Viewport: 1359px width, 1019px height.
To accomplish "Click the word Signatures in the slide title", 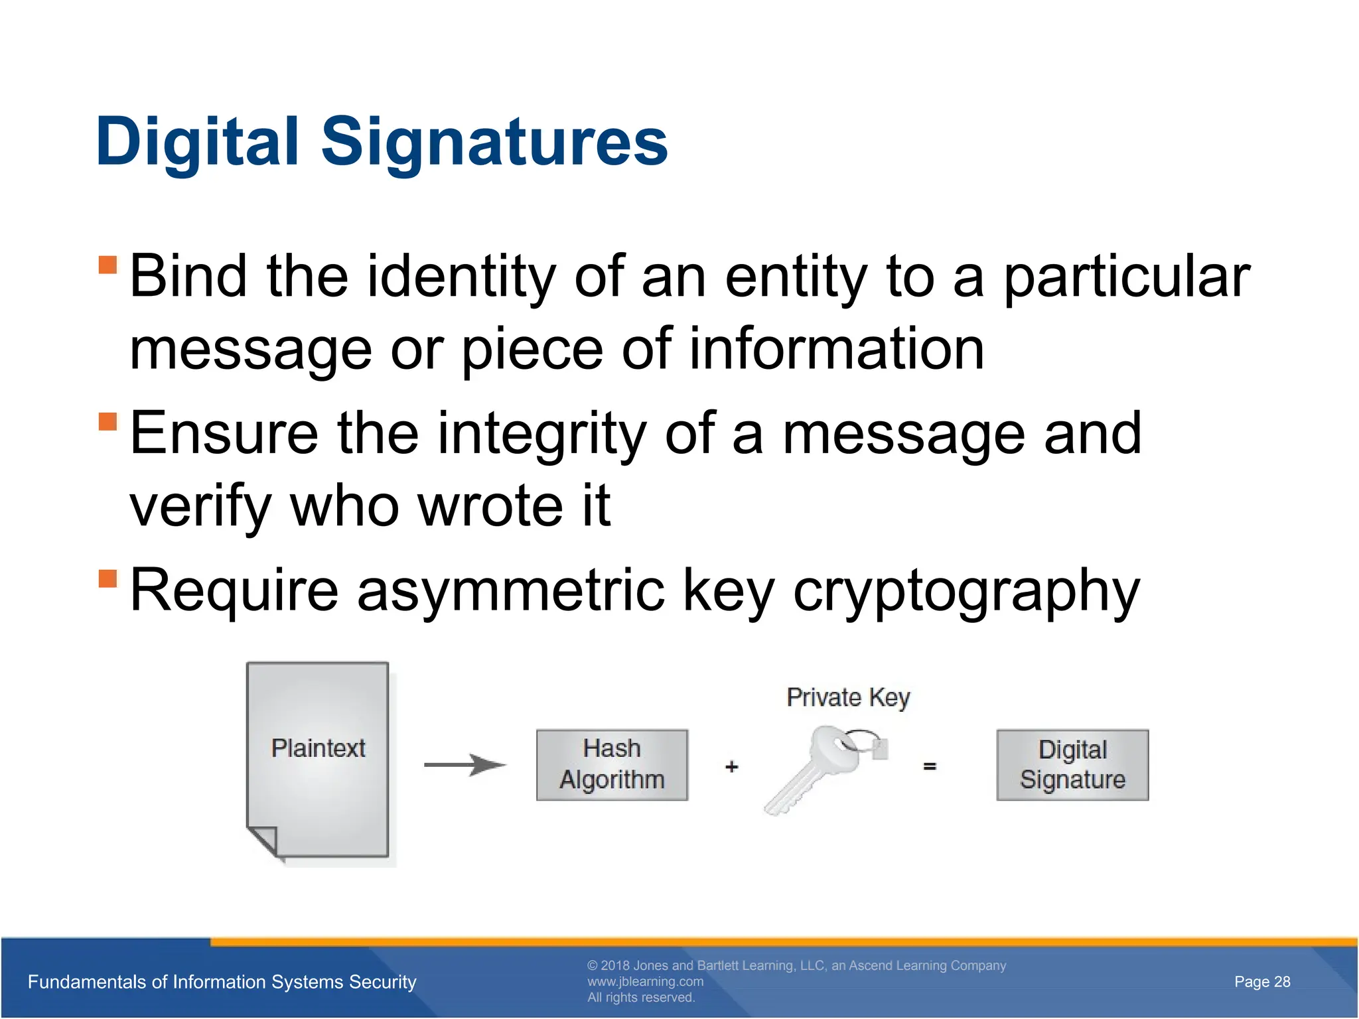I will click(x=494, y=143).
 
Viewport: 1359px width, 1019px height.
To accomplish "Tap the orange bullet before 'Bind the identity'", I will click(x=107, y=265).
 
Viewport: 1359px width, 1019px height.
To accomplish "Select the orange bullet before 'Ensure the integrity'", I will click(x=107, y=422).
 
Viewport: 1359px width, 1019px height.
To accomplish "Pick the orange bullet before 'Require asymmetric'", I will click(x=107, y=578).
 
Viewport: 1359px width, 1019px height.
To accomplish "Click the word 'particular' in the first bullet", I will click(x=1126, y=277).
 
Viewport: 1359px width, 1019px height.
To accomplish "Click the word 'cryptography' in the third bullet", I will click(x=966, y=591).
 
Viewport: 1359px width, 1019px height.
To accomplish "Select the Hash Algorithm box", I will click(x=612, y=765).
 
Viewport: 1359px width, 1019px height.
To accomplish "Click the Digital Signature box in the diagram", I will click(x=1072, y=765).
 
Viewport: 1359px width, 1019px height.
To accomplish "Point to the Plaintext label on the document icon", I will click(x=318, y=748).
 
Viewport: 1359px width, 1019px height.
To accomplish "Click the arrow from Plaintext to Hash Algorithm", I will click(x=465, y=765).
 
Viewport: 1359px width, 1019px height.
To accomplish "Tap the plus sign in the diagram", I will click(x=731, y=767).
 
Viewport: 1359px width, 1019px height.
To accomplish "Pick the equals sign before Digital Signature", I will click(x=930, y=767).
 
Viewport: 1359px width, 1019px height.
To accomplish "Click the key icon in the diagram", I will click(x=823, y=770).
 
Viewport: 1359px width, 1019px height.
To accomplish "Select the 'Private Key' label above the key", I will click(x=848, y=698).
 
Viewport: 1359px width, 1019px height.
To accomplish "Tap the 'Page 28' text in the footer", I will click(x=1261, y=982).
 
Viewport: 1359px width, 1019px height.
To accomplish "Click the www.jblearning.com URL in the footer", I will click(x=645, y=982).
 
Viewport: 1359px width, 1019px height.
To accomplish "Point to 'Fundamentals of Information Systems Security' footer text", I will click(x=222, y=982).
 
